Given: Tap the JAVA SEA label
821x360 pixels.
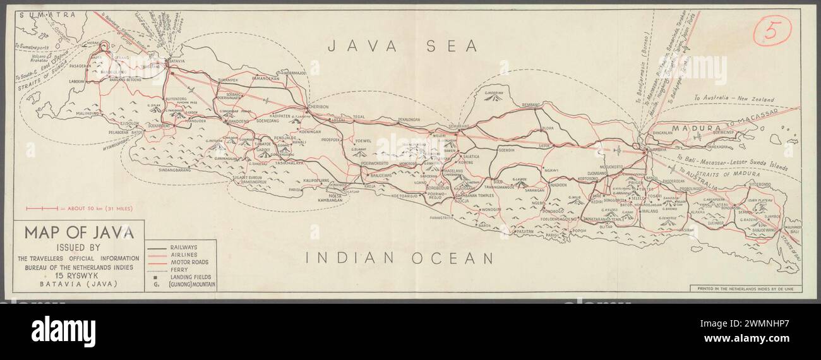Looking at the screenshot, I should click(x=401, y=45).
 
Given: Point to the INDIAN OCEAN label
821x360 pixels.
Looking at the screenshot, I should click(x=399, y=258).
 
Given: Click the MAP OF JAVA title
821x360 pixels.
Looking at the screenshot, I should click(x=79, y=232).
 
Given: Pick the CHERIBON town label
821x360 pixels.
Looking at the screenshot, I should click(x=318, y=107).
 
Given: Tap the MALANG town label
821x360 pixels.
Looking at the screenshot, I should click(x=649, y=212).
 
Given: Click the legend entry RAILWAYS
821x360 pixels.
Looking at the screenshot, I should click(x=183, y=247).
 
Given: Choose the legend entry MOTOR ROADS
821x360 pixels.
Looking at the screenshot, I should click(x=188, y=261).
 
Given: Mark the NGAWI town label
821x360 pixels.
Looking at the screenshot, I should click(x=551, y=171).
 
